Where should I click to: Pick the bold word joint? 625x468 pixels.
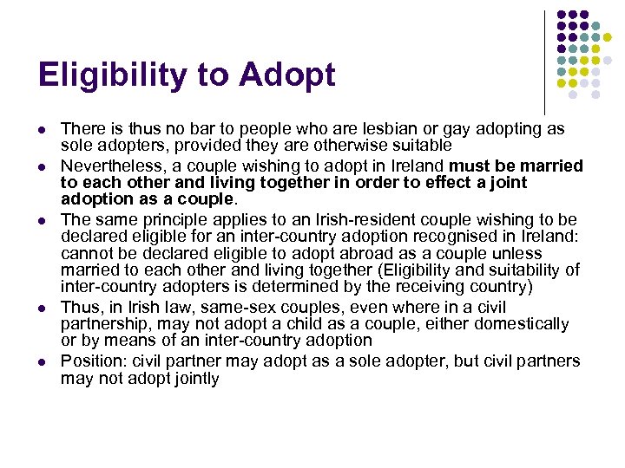tap(508, 183)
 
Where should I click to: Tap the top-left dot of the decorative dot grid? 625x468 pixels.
tap(562, 15)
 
